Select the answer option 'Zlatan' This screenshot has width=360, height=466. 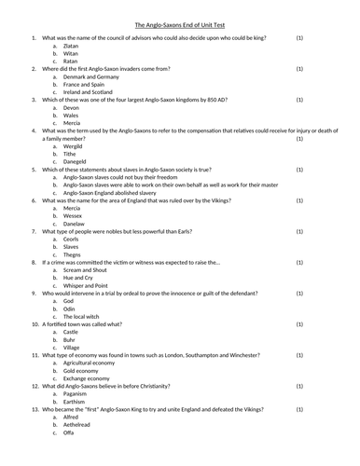(x=72, y=45)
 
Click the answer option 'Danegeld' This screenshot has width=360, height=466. (x=76, y=163)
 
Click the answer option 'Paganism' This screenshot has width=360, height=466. (x=76, y=394)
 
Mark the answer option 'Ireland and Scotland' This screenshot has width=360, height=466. (x=91, y=92)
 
